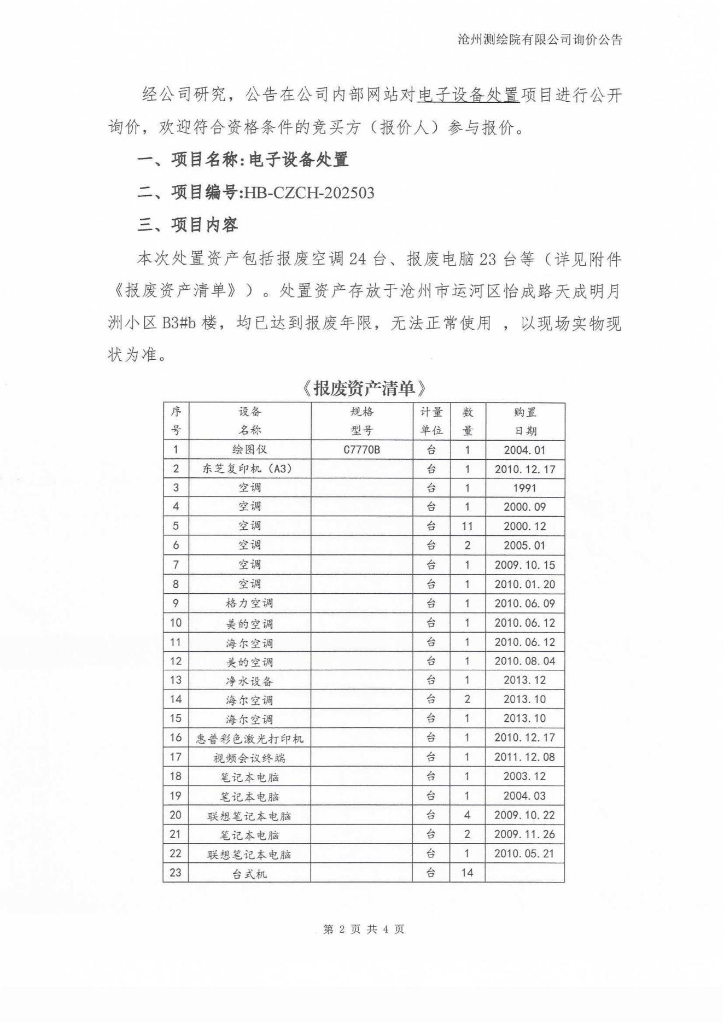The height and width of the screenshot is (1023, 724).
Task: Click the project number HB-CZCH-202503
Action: (x=309, y=192)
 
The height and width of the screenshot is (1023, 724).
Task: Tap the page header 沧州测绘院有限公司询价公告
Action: (x=540, y=39)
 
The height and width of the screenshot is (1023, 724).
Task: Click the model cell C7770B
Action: (x=361, y=450)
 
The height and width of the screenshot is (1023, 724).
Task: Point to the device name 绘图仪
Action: (x=250, y=449)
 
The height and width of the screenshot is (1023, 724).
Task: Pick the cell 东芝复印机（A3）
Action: (x=249, y=469)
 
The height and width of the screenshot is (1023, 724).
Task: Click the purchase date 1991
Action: (x=524, y=488)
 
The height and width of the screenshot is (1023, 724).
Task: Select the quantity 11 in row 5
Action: (x=467, y=526)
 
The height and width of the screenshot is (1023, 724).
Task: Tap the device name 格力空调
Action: (x=249, y=603)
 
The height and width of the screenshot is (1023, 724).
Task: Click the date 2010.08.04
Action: (x=524, y=661)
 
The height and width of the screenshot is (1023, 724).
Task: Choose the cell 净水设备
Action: (x=249, y=681)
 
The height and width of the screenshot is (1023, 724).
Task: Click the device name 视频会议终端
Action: (x=249, y=758)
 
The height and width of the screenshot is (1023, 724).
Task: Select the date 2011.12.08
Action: (x=524, y=757)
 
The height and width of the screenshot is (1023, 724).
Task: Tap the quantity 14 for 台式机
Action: (x=467, y=873)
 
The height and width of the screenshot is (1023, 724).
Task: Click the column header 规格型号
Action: (x=361, y=421)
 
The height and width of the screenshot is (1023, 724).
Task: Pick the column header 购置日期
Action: (x=524, y=421)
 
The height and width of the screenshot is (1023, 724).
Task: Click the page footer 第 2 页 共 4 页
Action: (x=364, y=929)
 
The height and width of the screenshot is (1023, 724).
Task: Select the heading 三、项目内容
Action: (x=188, y=224)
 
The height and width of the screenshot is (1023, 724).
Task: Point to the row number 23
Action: (x=176, y=873)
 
